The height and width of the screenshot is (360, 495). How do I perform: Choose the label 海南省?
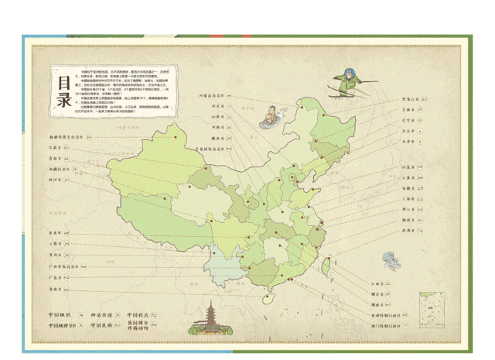pyautogui.click(x=56, y=288)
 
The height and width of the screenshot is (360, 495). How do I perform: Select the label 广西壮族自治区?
pyautogui.click(x=63, y=265)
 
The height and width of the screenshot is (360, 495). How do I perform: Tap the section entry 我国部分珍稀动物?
pyautogui.click(x=140, y=328)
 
